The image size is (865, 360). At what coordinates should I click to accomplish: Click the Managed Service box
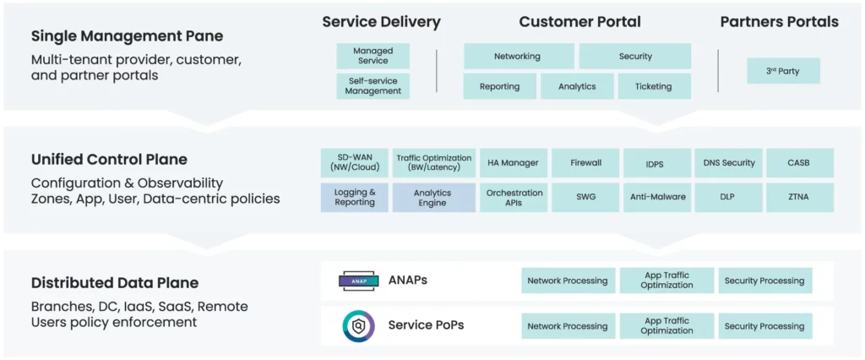click(x=373, y=56)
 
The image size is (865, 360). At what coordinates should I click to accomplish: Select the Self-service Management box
click(x=373, y=86)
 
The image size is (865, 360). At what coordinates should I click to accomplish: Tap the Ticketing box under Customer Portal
click(x=654, y=86)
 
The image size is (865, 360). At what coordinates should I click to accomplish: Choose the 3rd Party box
click(x=783, y=71)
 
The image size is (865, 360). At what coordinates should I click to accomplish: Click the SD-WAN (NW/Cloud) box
click(x=355, y=163)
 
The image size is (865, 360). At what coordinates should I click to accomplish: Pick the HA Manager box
click(x=513, y=163)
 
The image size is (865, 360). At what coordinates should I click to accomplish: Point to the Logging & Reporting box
click(x=355, y=198)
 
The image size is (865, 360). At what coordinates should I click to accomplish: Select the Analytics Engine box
click(x=433, y=198)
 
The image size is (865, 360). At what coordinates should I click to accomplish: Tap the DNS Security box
click(x=729, y=163)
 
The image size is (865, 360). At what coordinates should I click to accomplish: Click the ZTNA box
click(x=799, y=198)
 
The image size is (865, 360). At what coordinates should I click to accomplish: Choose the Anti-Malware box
click(x=657, y=198)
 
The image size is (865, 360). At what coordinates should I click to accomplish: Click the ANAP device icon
click(x=358, y=281)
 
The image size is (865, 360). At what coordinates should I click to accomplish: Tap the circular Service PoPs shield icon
click(x=358, y=325)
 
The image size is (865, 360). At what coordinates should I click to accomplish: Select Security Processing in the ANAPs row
click(x=764, y=281)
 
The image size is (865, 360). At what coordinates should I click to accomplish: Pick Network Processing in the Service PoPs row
click(x=568, y=325)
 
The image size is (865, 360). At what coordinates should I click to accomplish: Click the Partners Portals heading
click(x=780, y=21)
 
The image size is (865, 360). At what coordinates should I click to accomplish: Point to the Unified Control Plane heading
click(x=109, y=160)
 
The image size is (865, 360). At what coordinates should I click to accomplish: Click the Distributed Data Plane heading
click(x=115, y=283)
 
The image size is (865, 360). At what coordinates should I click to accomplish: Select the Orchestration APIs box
click(x=513, y=198)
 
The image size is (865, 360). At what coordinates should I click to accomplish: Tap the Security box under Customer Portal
click(x=635, y=56)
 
